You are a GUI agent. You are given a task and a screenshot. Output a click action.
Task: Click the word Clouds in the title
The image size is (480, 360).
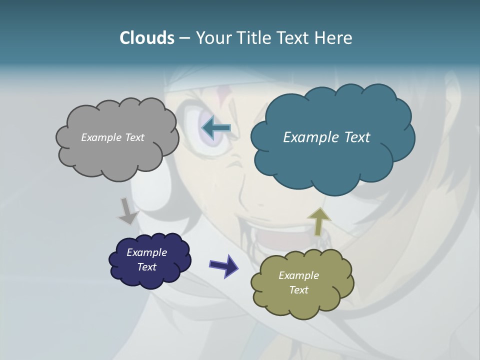(x=146, y=38)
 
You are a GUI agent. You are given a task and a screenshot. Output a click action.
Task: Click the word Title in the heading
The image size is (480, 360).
(x=253, y=38)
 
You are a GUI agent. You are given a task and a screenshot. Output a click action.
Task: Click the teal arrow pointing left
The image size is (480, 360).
(x=216, y=128)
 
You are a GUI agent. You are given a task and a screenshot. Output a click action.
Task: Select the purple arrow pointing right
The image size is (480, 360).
(x=223, y=265)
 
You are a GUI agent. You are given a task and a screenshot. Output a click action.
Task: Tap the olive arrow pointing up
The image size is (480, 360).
(x=318, y=220)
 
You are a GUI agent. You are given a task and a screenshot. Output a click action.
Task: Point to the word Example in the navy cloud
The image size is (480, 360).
(x=146, y=252)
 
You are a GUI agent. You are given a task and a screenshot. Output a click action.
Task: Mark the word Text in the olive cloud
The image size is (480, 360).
(x=298, y=290)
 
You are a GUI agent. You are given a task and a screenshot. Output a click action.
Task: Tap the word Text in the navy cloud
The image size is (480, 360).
(x=146, y=267)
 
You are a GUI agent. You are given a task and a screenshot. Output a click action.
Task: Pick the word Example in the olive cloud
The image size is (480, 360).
(x=298, y=275)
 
